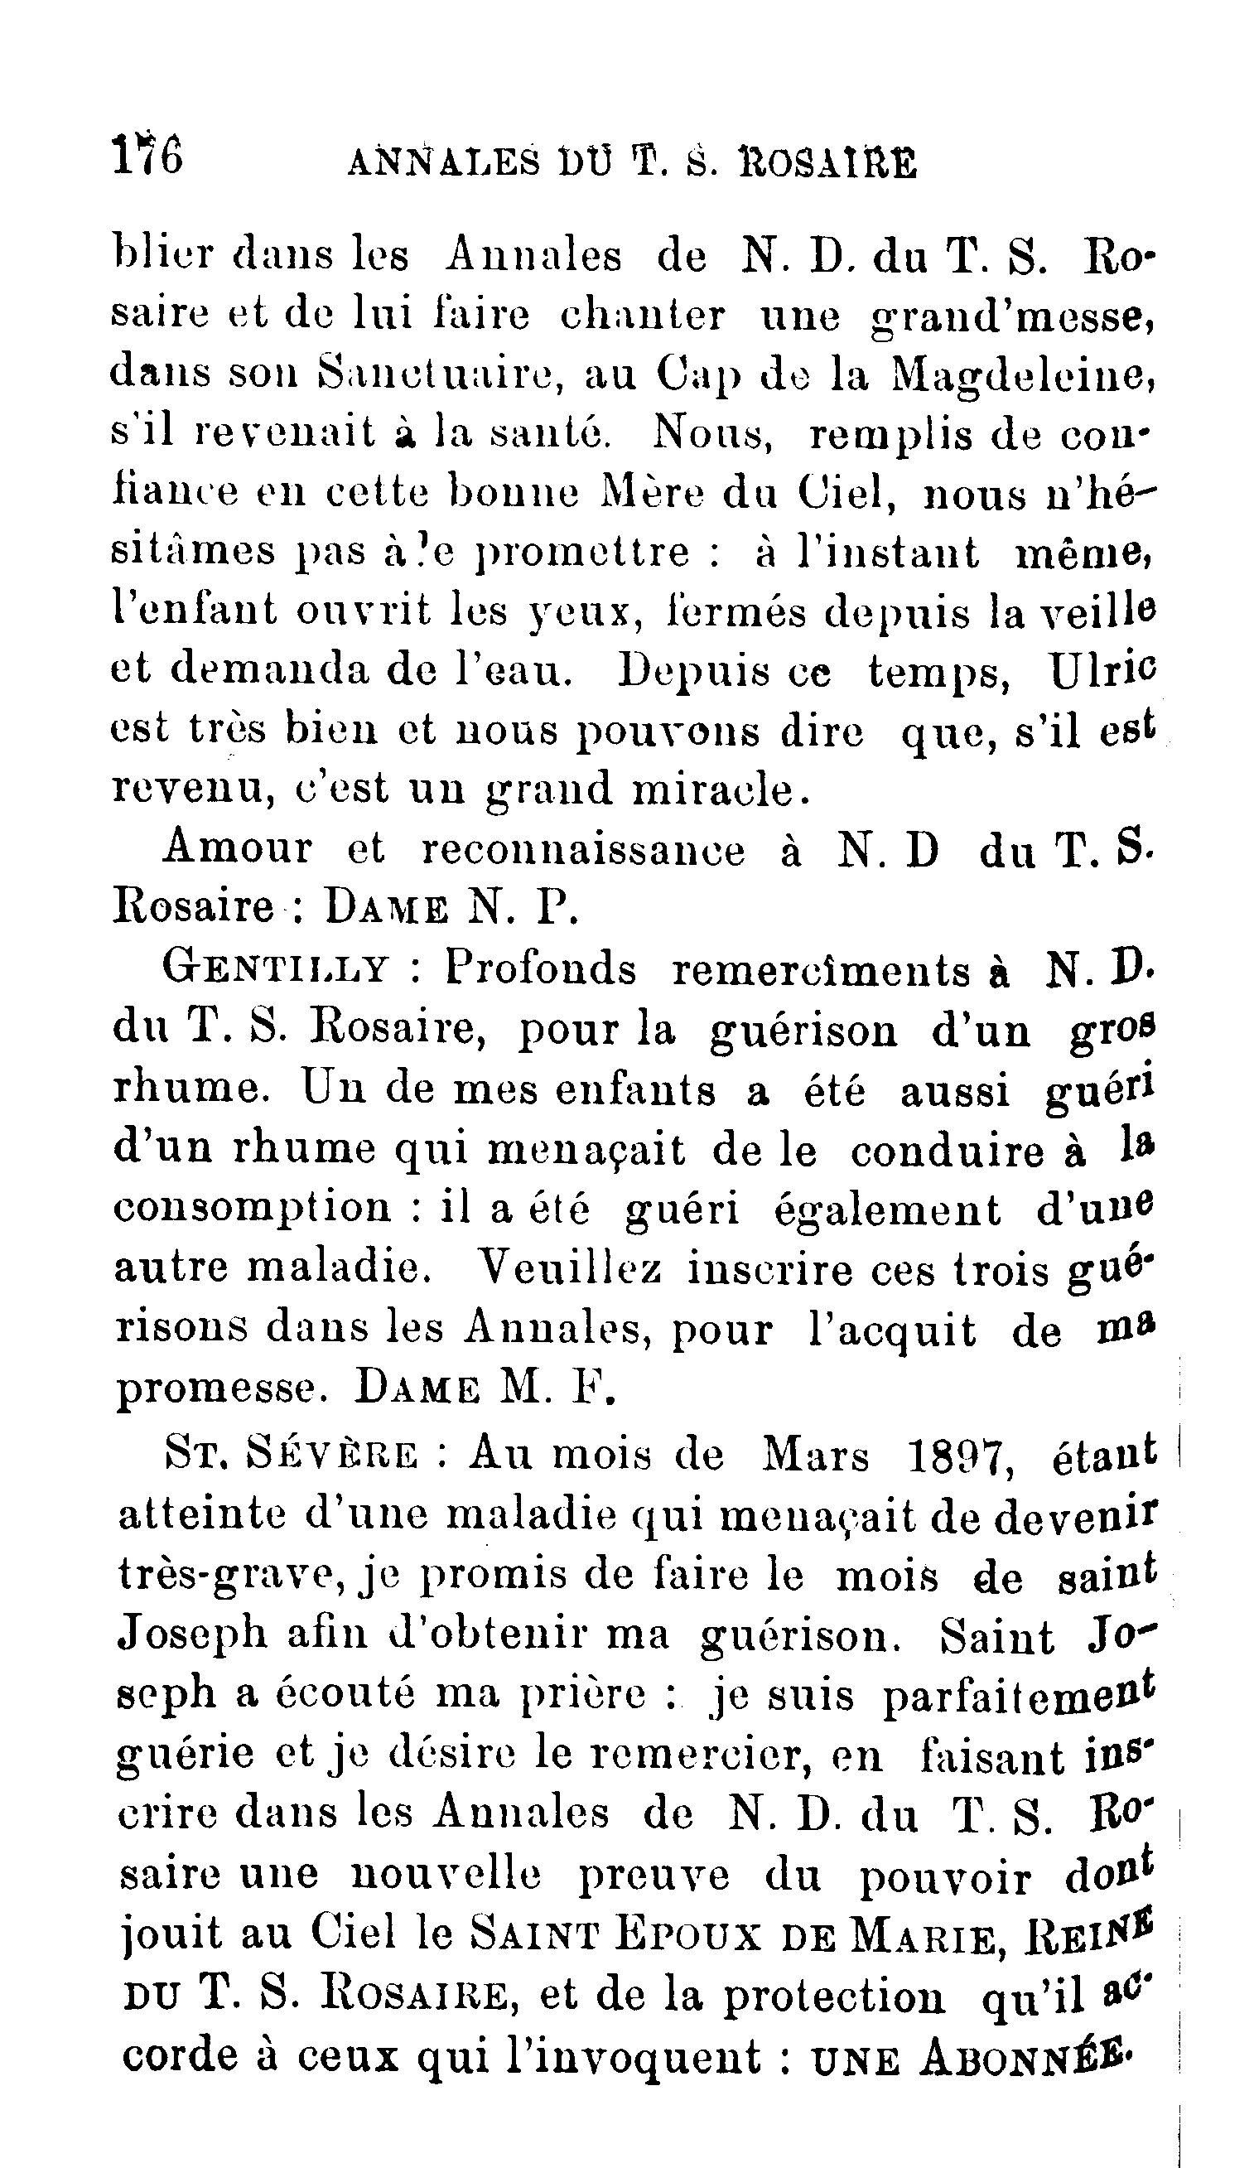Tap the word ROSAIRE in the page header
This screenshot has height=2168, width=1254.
tap(827, 162)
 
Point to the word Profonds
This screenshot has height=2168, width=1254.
tap(540, 969)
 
